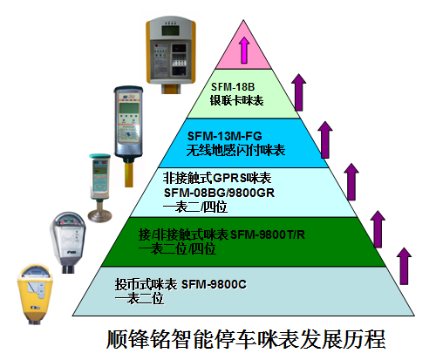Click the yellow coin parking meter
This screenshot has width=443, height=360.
click(x=35, y=294)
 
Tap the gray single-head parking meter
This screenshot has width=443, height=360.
click(x=68, y=241)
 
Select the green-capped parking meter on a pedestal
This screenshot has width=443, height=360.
click(x=99, y=187)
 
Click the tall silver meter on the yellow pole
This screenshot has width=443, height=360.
click(x=128, y=135)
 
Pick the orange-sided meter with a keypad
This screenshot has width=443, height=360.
click(x=171, y=54)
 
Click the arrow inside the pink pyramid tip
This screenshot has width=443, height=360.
click(x=244, y=50)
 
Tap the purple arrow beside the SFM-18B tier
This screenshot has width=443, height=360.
click(x=298, y=92)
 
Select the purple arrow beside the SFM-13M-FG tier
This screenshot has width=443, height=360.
click(x=325, y=139)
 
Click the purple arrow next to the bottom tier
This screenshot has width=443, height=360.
click(x=404, y=266)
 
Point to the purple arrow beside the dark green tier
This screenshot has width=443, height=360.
click(x=378, y=229)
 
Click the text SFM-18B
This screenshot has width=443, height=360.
click(x=233, y=87)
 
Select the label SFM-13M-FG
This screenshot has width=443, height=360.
click(x=225, y=136)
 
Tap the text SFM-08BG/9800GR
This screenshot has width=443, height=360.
click(x=219, y=193)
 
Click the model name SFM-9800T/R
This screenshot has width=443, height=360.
click(x=268, y=234)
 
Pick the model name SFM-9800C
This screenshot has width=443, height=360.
click(x=214, y=284)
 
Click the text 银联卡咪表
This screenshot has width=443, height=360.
click(x=236, y=100)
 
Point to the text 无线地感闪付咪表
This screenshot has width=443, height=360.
click(x=235, y=150)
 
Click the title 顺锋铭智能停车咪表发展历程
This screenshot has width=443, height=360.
click(x=246, y=339)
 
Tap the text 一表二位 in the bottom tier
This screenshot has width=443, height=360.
click(x=140, y=298)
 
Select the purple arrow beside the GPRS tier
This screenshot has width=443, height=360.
click(x=351, y=181)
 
